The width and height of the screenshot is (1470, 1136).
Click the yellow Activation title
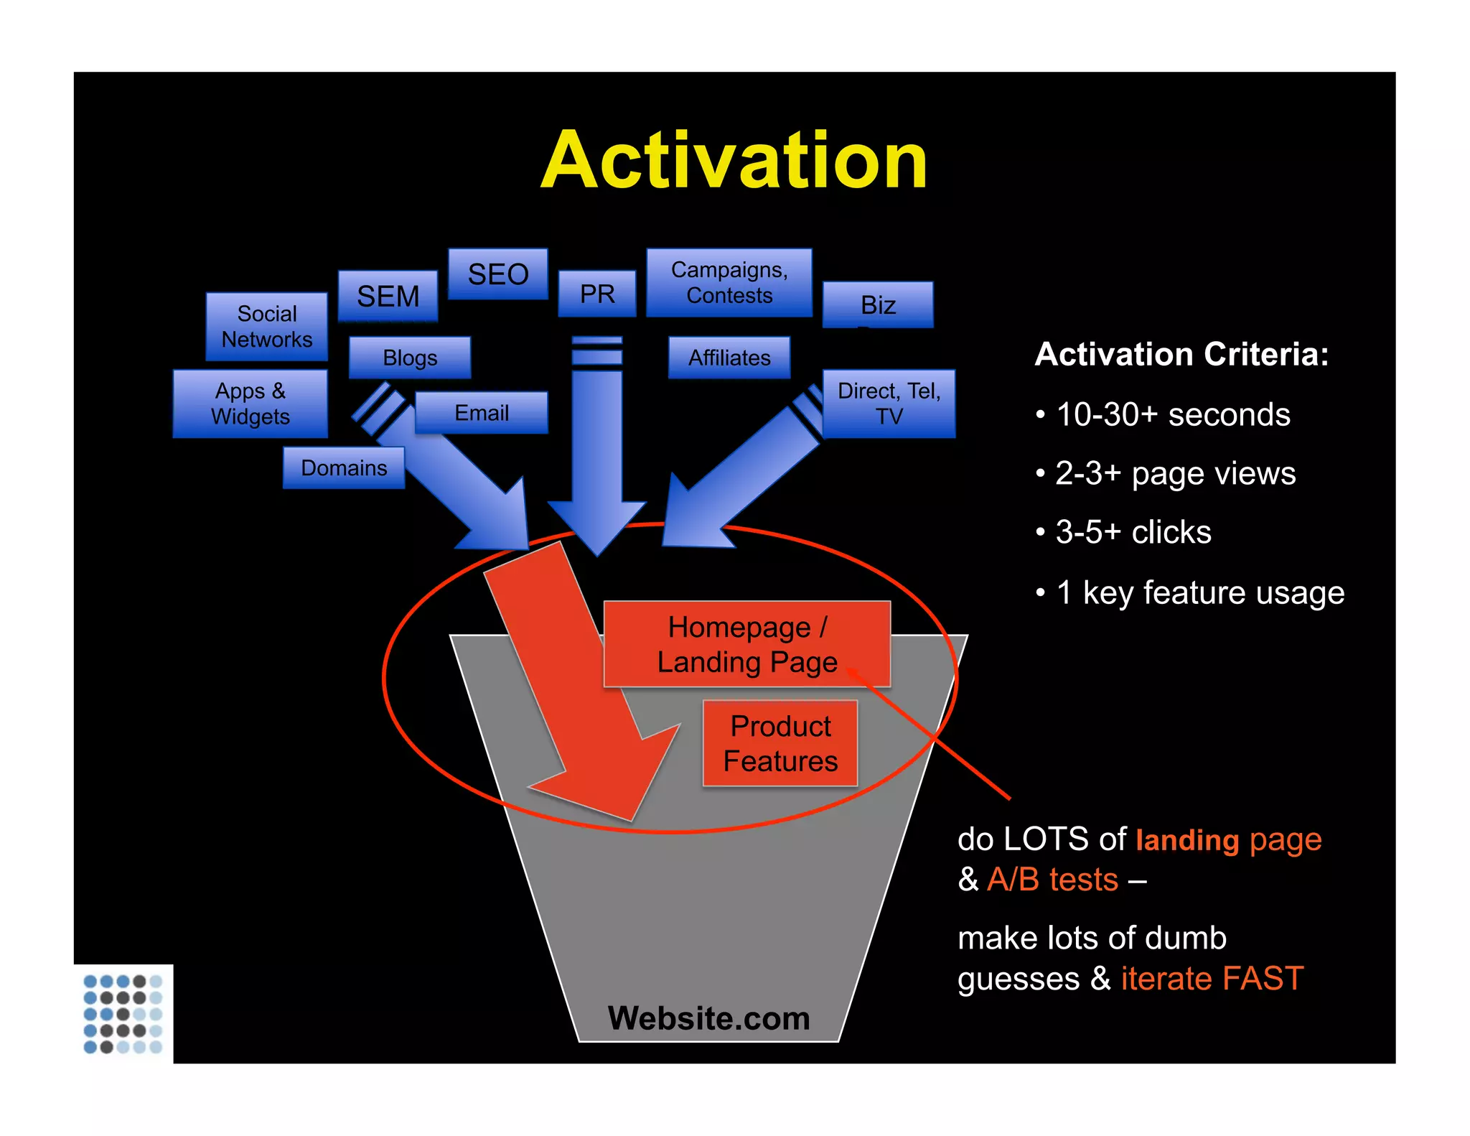coord(734,161)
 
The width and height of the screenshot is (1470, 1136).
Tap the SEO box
coord(498,274)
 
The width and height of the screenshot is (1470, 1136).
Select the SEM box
coord(388,296)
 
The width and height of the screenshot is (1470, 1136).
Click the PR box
coord(597,294)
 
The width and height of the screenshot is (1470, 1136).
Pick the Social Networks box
coord(267,327)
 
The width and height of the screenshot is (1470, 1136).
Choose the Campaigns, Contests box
coord(729,282)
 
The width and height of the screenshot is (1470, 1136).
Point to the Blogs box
coord(410,358)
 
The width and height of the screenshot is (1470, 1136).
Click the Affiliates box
coord(729,358)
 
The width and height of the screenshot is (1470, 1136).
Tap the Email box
coord(482,413)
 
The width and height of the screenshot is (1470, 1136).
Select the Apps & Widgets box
coord(251,404)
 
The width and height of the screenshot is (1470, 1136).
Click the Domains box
coord(344,468)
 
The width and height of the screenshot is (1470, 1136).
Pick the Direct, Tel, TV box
coord(889,404)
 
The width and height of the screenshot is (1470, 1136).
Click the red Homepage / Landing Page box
coord(747,644)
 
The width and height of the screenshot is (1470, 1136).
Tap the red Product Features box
coord(780,743)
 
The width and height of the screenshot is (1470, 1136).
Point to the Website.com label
coord(709,1018)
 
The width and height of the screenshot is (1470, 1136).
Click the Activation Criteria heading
coord(1181,354)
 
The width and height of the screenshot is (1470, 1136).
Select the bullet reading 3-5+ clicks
coord(1133,532)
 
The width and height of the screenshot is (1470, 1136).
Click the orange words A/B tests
coord(1052,879)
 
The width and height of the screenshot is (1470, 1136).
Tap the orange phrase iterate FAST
coord(1212,978)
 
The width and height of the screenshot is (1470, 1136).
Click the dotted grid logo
coord(123,1014)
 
